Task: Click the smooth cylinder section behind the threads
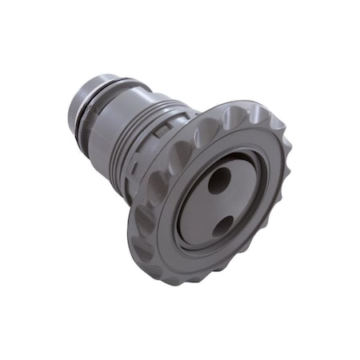click(120, 120)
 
